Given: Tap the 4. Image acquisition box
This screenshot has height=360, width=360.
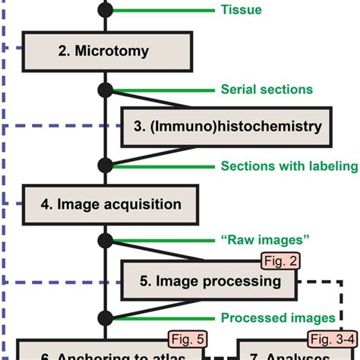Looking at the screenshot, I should tap(111, 204).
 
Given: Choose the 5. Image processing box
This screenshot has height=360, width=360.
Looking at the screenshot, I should tap(210, 281).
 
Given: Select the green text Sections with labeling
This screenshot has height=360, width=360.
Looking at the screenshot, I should tap(289, 166).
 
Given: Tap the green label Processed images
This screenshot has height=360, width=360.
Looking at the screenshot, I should tap(277, 317).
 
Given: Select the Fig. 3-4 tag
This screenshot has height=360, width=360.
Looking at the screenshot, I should tap(331, 337).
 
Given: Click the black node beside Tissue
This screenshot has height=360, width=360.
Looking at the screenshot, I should tap(106, 11).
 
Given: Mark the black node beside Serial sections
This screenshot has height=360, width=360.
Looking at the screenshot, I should tap(106, 89).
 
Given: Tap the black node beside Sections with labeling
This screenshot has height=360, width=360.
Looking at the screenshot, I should tap(106, 166).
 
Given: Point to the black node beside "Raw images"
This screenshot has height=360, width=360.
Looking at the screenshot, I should tap(106, 242).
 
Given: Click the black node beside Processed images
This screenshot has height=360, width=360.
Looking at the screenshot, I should tap(106, 317).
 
